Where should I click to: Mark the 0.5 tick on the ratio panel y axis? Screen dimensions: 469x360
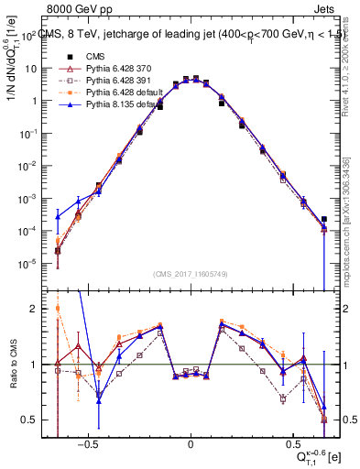click(42, 420)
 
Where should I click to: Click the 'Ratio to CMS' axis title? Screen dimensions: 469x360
click(12, 365)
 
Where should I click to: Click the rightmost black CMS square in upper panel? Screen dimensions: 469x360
click(323, 219)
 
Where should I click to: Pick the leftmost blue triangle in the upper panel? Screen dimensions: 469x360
click(58, 216)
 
